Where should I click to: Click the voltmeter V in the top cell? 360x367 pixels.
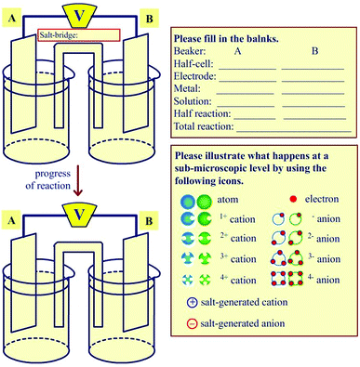tap(79, 16)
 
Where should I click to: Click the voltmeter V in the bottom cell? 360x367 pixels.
tap(79, 215)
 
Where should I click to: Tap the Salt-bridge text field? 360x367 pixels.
tap(79, 35)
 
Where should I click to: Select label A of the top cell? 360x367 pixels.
tap(12, 18)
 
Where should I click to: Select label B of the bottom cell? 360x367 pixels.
tap(149, 221)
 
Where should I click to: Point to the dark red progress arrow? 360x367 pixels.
tap(78, 180)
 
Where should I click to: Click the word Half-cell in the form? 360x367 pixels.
tap(193, 64)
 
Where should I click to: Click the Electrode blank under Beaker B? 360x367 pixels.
tap(313, 81)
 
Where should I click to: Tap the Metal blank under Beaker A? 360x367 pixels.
tap(245, 94)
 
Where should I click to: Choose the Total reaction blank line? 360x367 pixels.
tap(294, 131)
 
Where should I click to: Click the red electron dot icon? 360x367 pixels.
tap(293, 199)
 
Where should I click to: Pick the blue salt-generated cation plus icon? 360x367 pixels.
tap(193, 302)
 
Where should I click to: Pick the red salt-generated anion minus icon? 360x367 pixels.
tap(192, 324)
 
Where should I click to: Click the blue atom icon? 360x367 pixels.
tap(188, 202)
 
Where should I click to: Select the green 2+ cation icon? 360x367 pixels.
tap(205, 239)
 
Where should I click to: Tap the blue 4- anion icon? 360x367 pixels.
tap(278, 279)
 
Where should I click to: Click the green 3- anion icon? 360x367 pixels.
tap(296, 258)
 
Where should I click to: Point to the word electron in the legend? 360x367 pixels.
tap(322, 199)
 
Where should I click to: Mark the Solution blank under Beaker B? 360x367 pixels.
tap(313, 106)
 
